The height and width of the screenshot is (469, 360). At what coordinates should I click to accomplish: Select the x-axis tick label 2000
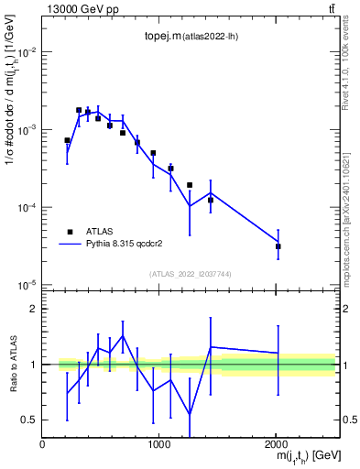pos(277,443)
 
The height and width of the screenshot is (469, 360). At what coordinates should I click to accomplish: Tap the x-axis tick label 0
pos(42,443)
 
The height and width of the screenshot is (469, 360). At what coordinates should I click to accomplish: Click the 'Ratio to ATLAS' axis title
pos(11,365)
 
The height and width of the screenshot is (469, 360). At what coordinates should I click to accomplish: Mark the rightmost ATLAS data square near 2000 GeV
pos(278,246)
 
